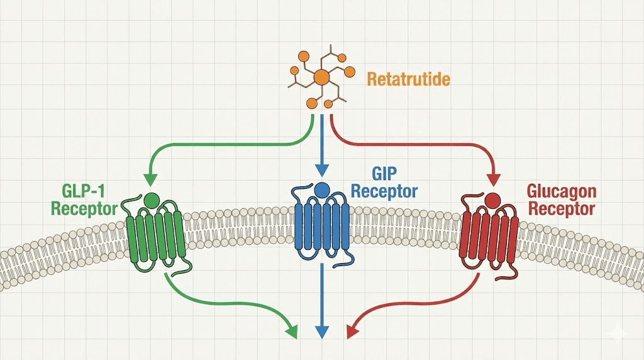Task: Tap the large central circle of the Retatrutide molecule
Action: click(321, 77)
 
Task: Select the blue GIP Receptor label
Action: click(384, 183)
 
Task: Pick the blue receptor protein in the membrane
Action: click(322, 227)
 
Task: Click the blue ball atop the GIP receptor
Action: click(322, 189)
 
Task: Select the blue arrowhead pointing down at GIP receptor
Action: click(322, 171)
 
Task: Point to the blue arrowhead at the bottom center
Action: click(322, 331)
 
